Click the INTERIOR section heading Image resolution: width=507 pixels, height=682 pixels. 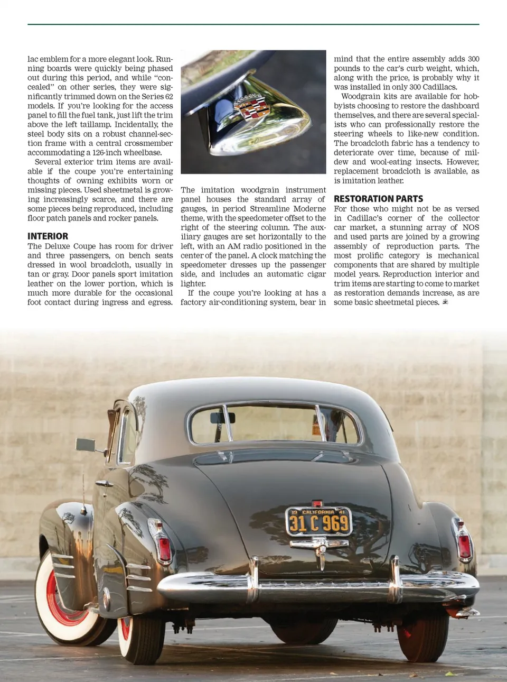click(48, 236)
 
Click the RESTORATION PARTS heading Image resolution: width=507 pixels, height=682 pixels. click(378, 199)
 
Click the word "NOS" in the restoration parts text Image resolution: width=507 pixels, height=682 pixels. click(471, 227)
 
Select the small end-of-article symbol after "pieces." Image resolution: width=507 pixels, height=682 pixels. click(445, 302)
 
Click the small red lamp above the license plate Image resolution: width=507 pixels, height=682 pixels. click(317, 503)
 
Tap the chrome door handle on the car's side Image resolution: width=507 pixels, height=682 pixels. click(104, 483)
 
